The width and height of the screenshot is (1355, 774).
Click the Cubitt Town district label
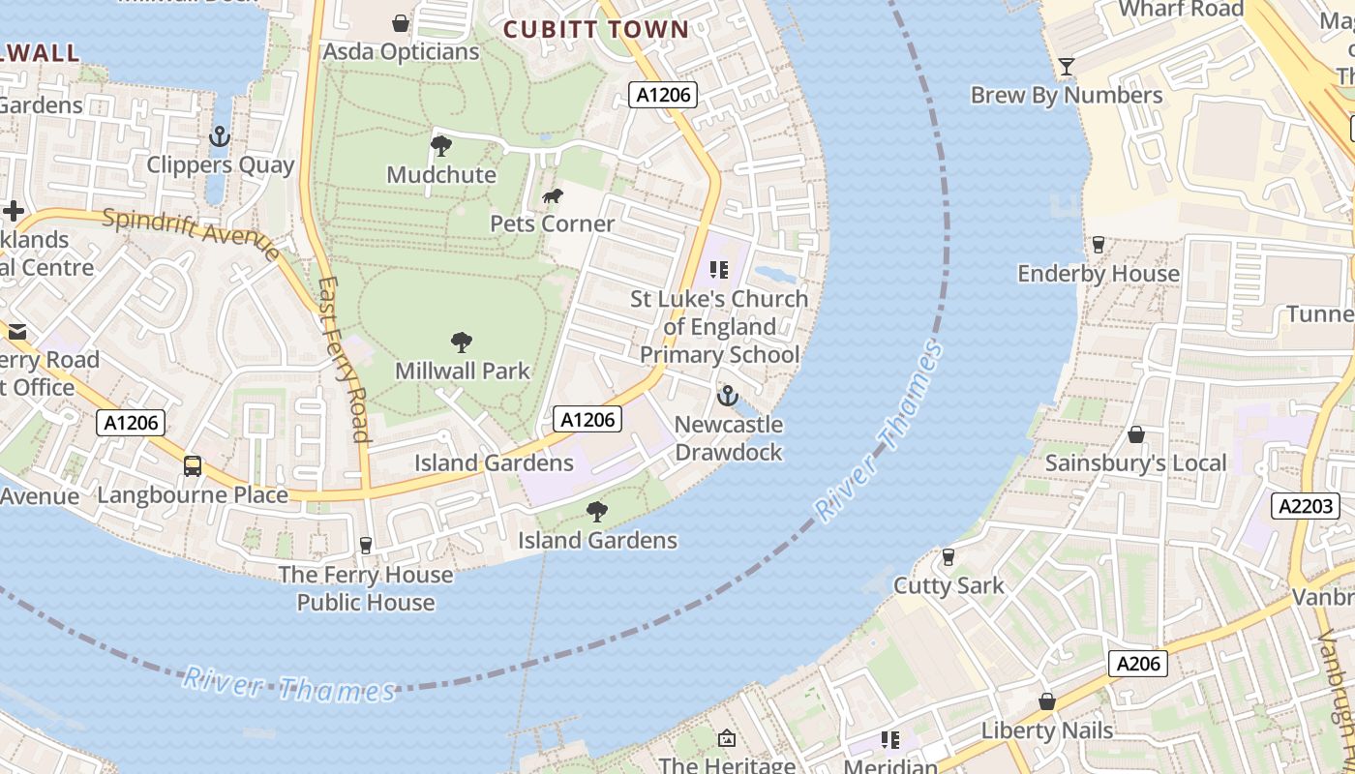click(x=595, y=29)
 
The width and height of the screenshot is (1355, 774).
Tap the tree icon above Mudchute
click(x=441, y=146)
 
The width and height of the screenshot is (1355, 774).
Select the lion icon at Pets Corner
click(x=553, y=197)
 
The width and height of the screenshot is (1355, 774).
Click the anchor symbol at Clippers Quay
click(x=220, y=136)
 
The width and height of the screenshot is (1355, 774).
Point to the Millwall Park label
click(x=463, y=371)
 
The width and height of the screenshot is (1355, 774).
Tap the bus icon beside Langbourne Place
click(x=193, y=466)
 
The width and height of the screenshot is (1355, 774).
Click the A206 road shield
click(x=1137, y=664)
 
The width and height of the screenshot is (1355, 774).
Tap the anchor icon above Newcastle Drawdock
click(x=727, y=396)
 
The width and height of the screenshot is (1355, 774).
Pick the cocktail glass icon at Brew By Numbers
click(x=1067, y=66)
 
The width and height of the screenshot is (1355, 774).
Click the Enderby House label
click(x=1099, y=274)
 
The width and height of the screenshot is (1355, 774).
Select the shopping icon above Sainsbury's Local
click(x=1136, y=434)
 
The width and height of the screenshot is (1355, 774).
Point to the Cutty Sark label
click(x=948, y=585)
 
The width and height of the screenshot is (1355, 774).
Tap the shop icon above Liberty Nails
click(x=1046, y=701)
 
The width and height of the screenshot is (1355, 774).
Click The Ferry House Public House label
click(x=366, y=588)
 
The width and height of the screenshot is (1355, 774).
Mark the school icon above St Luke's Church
click(x=719, y=269)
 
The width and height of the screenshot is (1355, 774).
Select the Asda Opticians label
click(x=401, y=51)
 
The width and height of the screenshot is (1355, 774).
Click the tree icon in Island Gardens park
click(x=597, y=511)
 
